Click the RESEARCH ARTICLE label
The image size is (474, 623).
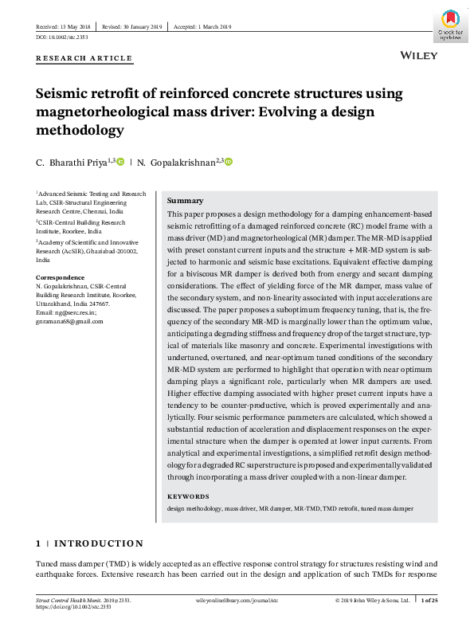tap(85, 58)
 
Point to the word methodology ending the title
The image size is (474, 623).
tap(80, 129)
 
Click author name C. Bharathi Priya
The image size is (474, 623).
tap(70, 163)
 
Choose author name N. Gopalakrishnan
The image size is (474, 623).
tap(176, 163)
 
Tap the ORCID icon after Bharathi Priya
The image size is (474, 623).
tap(120, 163)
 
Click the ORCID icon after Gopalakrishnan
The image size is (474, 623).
tap(228, 163)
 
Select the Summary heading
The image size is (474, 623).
tap(185, 201)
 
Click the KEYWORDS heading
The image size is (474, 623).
tap(188, 496)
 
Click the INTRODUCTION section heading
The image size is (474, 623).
tap(99, 543)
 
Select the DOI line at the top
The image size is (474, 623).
tap(61, 37)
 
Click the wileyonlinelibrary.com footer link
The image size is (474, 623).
tap(236, 600)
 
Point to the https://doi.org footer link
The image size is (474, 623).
tap(71, 607)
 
